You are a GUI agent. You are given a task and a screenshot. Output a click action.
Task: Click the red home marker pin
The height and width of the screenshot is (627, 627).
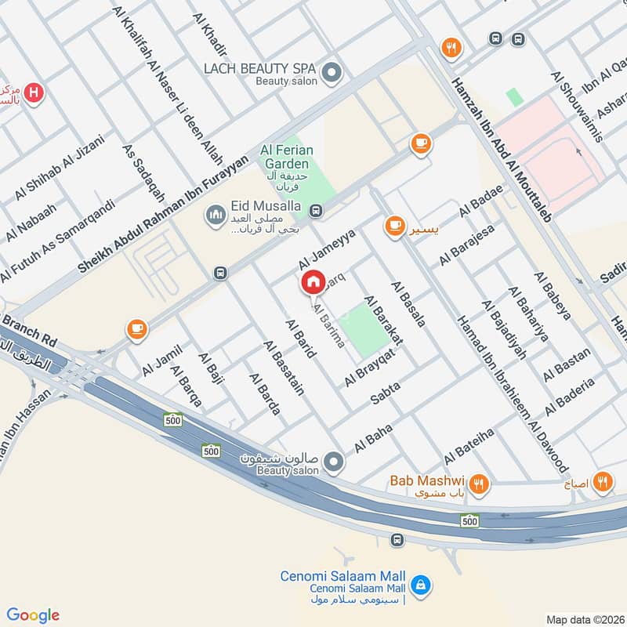[313, 282]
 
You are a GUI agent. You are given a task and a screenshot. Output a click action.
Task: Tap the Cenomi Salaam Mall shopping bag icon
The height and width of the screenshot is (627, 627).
[421, 584]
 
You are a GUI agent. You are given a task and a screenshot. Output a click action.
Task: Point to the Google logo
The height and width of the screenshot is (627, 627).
[33, 615]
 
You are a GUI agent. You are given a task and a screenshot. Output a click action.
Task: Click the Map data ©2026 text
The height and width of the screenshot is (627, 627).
[584, 619]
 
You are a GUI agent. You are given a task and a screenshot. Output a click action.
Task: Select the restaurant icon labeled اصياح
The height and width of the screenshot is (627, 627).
[602, 482]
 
